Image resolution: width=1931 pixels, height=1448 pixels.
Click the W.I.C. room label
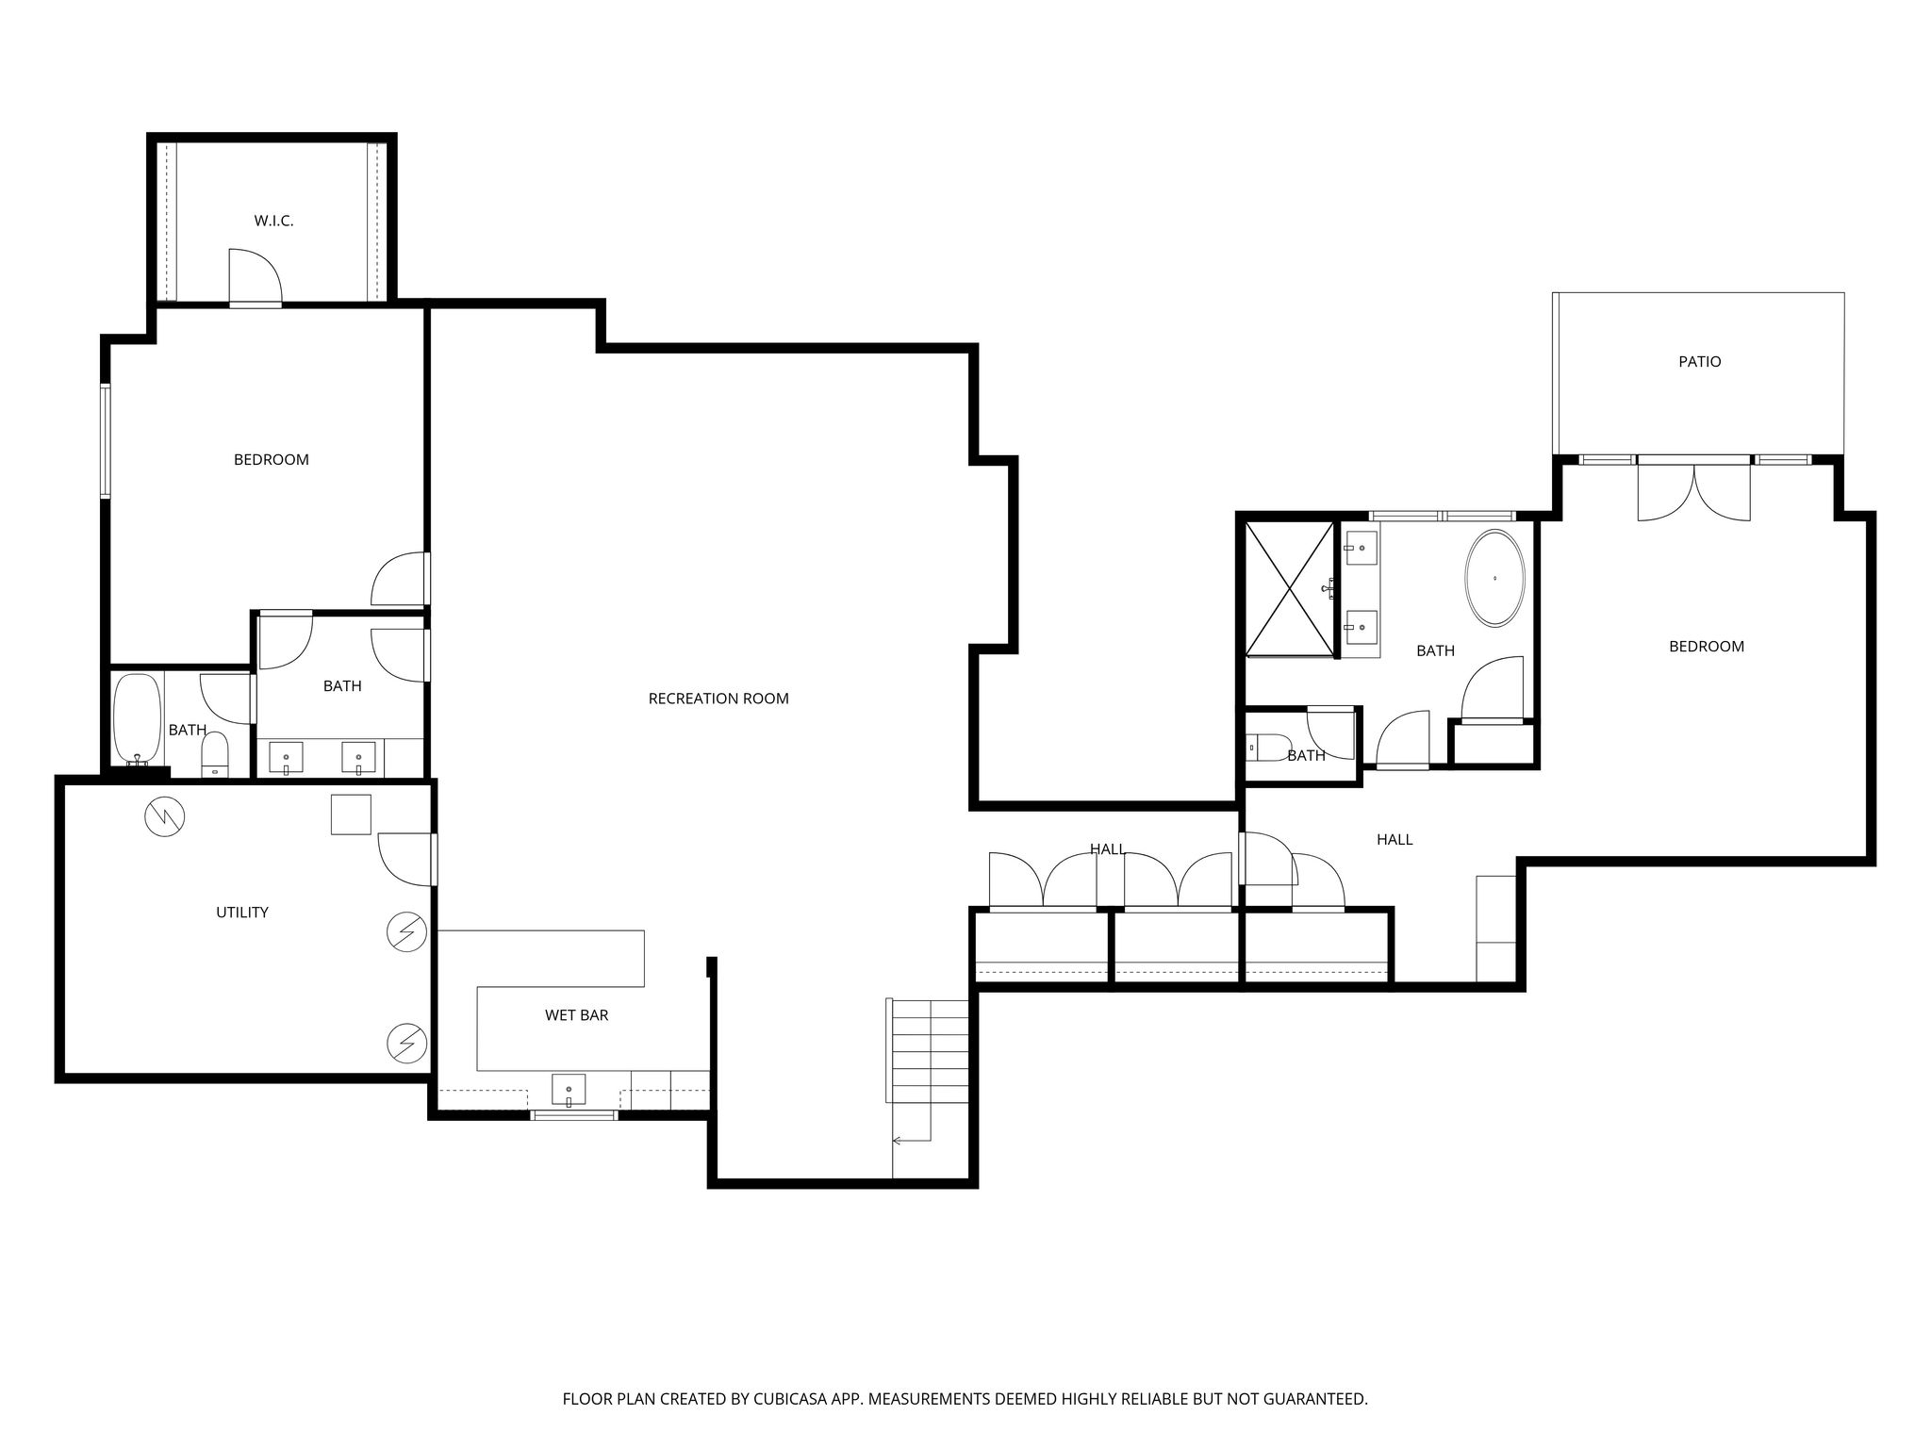[x=273, y=221]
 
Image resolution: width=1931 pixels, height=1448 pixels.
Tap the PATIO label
[x=1699, y=361]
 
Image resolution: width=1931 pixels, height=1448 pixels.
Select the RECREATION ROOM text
[x=718, y=699]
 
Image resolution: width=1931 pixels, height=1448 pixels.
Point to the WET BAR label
[x=576, y=1015]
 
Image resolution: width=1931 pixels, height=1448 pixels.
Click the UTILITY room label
[x=242, y=912]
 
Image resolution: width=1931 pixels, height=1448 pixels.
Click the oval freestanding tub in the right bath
[x=1494, y=578]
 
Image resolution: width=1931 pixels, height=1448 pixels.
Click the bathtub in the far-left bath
[x=138, y=718]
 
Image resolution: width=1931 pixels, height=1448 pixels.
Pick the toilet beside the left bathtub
[x=215, y=754]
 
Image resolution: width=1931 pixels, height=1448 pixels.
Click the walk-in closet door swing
[x=256, y=276]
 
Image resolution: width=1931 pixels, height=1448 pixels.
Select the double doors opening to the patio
[x=1694, y=490]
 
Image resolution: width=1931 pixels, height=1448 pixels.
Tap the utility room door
[x=406, y=860]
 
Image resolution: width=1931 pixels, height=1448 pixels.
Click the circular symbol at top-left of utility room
[x=165, y=816]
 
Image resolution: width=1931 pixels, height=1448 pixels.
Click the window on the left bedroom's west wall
[x=107, y=440]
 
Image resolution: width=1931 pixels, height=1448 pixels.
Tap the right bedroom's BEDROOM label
[x=1707, y=647]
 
